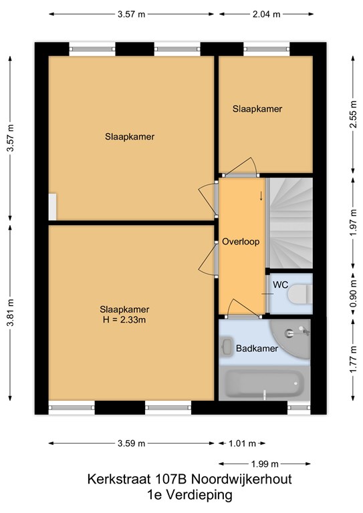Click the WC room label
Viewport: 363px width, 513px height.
point(281,285)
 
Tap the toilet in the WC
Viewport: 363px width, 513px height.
point(300,294)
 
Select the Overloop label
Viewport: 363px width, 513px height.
point(241,242)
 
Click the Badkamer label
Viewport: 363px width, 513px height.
point(257,349)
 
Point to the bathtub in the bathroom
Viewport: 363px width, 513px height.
point(264,383)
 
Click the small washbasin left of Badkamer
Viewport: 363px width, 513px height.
point(226,347)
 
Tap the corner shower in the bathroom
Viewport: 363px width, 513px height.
point(290,339)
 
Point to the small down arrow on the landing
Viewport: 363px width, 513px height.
point(261,196)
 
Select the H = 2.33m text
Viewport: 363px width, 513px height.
point(124,320)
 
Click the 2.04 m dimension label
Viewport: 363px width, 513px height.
point(267,14)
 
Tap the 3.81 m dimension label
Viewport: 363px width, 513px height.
point(11,313)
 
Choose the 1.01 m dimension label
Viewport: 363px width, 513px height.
point(242,444)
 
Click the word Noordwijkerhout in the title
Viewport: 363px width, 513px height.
point(241,480)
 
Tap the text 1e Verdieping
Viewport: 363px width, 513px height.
point(189,495)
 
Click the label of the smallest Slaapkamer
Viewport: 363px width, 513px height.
point(257,109)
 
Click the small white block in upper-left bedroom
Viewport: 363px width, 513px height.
point(52,207)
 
